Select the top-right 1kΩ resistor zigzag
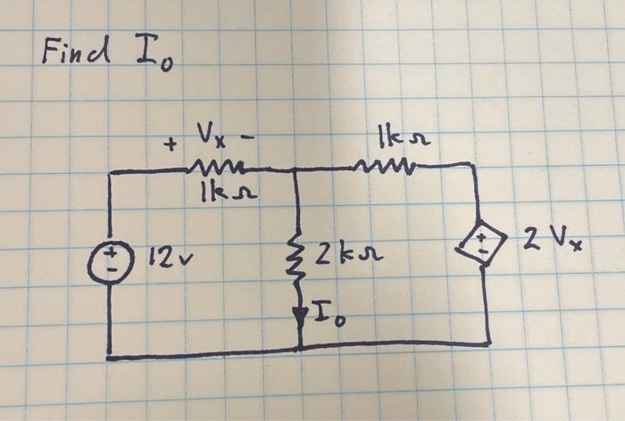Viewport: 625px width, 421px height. pos(382,164)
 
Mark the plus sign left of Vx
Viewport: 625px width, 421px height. pos(167,145)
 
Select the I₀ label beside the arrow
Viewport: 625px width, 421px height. pos(324,313)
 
